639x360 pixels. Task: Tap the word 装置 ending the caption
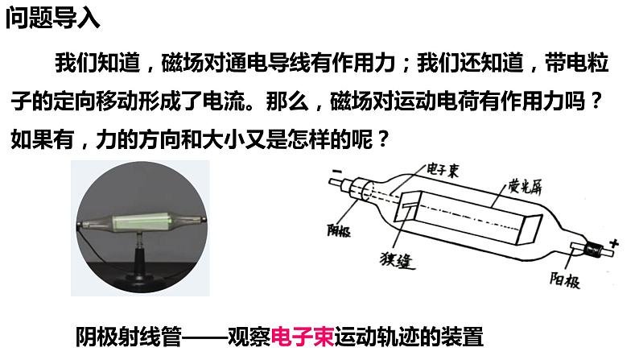point(466,334)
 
